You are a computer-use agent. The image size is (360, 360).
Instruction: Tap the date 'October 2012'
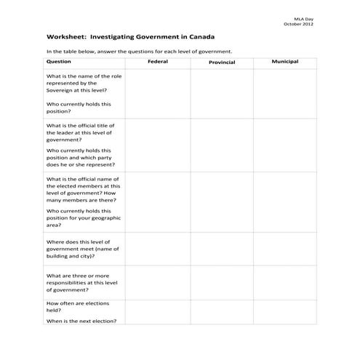click(x=319, y=23)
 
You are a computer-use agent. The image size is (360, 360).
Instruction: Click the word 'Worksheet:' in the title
click(x=65, y=36)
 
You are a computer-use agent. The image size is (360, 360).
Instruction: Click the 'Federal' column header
click(x=157, y=62)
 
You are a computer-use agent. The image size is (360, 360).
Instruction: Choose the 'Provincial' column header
click(x=221, y=63)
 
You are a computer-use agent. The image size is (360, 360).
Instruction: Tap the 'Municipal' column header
click(x=284, y=62)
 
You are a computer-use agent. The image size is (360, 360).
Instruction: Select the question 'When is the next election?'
click(x=81, y=321)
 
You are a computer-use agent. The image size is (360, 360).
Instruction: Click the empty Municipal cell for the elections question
click(x=284, y=312)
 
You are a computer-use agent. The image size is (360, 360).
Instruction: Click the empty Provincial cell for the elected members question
click(x=221, y=201)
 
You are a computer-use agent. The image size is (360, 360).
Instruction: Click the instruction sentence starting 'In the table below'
click(x=139, y=52)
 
